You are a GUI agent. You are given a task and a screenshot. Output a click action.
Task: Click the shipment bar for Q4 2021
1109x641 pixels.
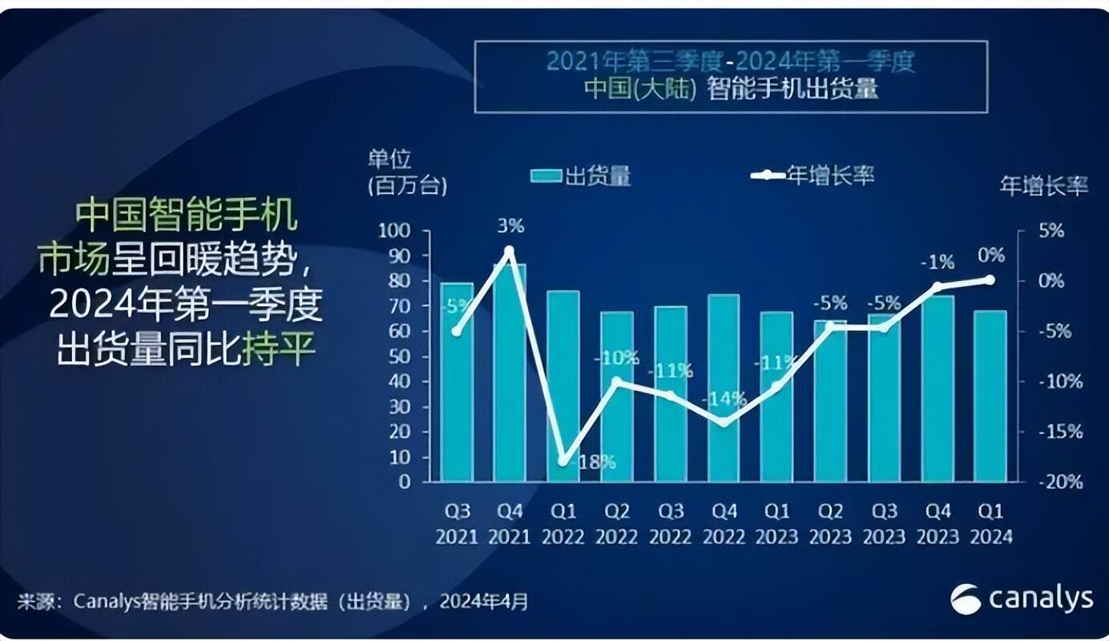pos(510,377)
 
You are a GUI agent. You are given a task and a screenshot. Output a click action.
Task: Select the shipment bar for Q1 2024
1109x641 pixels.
pos(990,397)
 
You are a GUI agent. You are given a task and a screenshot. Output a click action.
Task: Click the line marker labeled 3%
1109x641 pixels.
pos(509,251)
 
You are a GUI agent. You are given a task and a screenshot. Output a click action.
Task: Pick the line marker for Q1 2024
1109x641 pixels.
pos(990,280)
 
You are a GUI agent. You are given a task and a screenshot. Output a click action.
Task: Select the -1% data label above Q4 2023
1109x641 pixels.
pos(937,262)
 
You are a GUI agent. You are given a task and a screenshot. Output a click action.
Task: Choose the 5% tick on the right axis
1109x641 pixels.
pos(1051,231)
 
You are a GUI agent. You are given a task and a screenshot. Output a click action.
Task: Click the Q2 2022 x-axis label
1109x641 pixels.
pos(617,523)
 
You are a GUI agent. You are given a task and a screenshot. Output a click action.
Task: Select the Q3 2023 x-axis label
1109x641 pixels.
pos(884,523)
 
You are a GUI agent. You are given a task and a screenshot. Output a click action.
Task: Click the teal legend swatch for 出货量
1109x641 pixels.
pos(546,175)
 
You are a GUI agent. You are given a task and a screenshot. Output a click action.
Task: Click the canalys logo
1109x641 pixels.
pos(1021,599)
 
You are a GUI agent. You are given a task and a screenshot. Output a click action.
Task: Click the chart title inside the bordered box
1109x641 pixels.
pos(731,75)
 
